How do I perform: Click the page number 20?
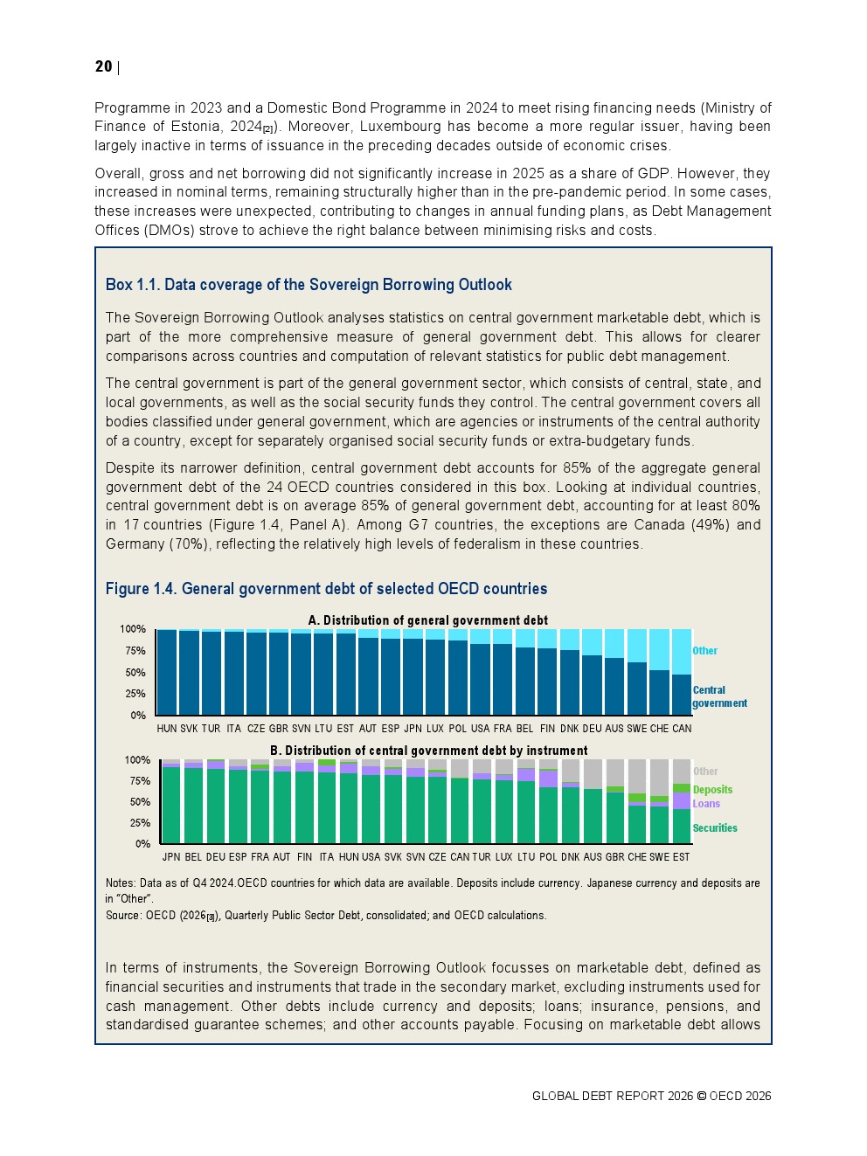tap(103, 66)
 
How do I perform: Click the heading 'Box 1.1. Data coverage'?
tap(309, 285)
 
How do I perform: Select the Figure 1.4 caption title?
tap(326, 589)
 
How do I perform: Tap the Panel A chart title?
tap(427, 620)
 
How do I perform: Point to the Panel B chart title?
tap(428, 751)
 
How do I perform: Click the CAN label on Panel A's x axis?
tap(682, 729)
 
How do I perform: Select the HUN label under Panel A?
tap(166, 729)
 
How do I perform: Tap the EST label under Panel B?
tap(682, 857)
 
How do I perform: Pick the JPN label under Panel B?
tap(171, 857)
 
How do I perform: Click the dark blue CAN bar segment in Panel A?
tap(682, 696)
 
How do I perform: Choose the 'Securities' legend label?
tap(715, 828)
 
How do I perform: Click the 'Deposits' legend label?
tap(712, 790)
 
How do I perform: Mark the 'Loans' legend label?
tap(706, 804)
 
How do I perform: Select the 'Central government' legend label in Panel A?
tap(718, 696)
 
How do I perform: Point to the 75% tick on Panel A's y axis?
tap(135, 651)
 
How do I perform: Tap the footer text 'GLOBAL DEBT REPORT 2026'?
tap(612, 1097)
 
